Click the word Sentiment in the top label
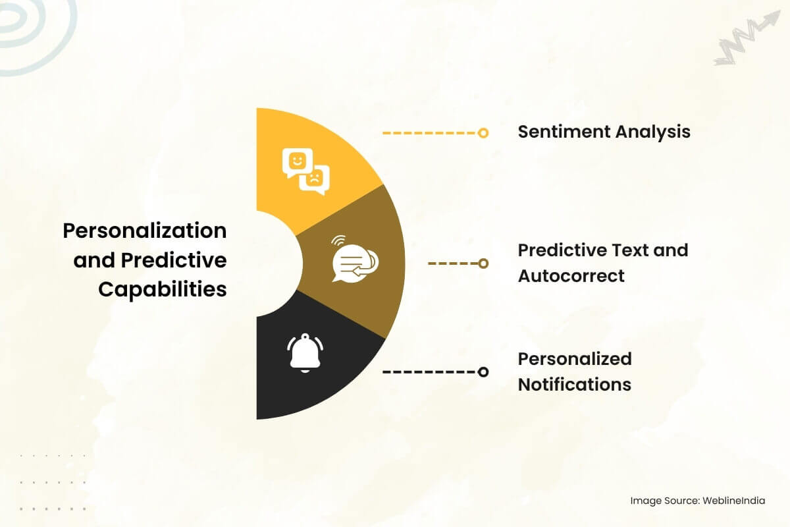click(x=564, y=132)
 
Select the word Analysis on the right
click(x=653, y=132)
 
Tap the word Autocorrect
click(x=571, y=275)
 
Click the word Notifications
click(x=575, y=385)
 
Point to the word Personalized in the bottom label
click(x=575, y=359)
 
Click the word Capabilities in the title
click(x=163, y=290)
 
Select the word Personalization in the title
click(x=145, y=231)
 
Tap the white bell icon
click(x=305, y=353)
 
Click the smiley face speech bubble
click(x=297, y=162)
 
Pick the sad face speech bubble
click(x=315, y=180)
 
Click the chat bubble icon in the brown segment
click(x=354, y=260)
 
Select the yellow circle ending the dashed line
click(x=483, y=133)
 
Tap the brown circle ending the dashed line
click(x=483, y=263)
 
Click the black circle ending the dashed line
click(x=483, y=372)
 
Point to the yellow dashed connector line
click(x=431, y=133)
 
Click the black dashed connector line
click(x=431, y=372)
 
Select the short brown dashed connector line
click(x=453, y=263)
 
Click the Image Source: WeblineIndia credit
click(x=698, y=501)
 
